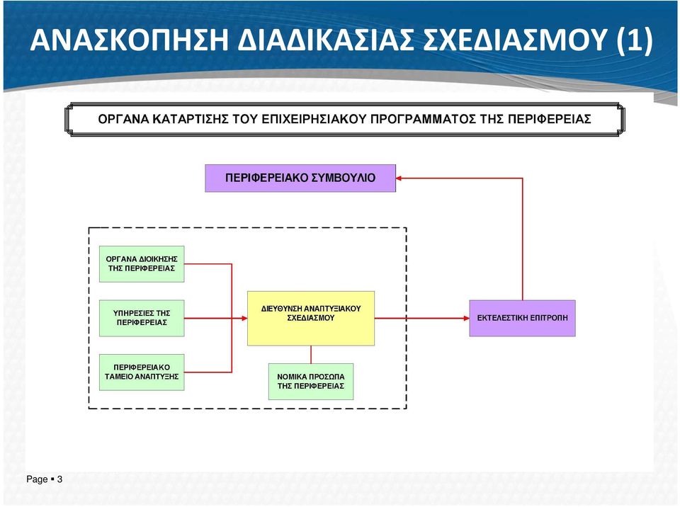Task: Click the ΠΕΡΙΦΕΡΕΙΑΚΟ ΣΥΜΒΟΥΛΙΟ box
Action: click(x=300, y=178)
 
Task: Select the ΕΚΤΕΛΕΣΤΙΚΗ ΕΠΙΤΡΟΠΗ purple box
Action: click(x=522, y=318)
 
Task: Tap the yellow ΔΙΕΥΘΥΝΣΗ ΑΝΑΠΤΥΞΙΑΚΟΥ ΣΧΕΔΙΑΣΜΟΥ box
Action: click(x=311, y=319)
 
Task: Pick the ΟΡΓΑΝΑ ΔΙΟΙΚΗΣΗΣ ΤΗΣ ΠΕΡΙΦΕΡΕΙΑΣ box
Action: click(x=142, y=264)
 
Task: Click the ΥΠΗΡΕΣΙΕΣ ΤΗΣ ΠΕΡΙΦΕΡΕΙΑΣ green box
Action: click(x=142, y=318)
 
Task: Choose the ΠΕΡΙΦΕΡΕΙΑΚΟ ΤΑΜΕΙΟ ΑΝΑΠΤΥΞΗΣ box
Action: click(x=142, y=372)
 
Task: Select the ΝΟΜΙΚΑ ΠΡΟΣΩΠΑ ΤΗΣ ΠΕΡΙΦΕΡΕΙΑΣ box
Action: click(x=311, y=382)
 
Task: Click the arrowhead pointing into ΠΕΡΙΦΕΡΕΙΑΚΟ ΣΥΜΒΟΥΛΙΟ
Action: click(x=399, y=178)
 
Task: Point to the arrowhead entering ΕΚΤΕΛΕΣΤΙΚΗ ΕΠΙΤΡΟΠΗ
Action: click(x=467, y=318)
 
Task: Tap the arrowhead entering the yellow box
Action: click(x=244, y=318)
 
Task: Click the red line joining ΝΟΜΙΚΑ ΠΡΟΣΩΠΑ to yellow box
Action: click(x=311, y=354)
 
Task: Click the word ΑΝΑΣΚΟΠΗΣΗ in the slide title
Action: click(x=129, y=40)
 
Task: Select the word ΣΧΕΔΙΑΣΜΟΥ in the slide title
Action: click(x=514, y=40)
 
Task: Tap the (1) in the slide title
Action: click(x=634, y=40)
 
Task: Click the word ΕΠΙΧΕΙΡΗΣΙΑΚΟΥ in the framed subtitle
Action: click(x=314, y=119)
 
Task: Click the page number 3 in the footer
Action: click(x=59, y=479)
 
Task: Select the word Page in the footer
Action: click(x=37, y=479)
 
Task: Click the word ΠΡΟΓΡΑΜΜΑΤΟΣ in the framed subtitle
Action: click(x=424, y=119)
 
